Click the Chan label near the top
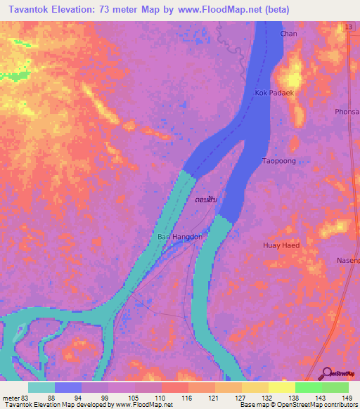point(288,34)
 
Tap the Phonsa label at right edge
point(347,111)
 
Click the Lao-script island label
point(205,200)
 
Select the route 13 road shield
point(349,27)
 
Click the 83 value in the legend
point(25,397)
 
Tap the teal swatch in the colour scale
point(41,387)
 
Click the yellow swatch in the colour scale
point(281,387)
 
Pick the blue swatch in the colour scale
point(67,387)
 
